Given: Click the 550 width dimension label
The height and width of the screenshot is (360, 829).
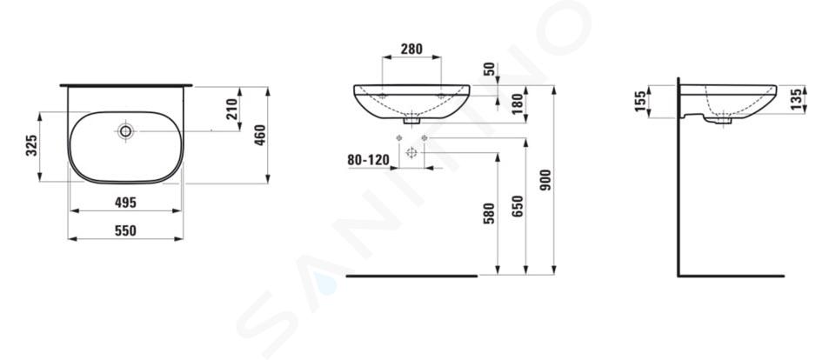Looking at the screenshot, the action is click(126, 231).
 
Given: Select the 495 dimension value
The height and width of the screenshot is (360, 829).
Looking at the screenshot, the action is click(126, 203).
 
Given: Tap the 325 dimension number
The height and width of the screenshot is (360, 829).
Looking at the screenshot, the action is click(31, 145).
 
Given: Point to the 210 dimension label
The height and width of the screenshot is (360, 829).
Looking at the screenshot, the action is click(232, 110).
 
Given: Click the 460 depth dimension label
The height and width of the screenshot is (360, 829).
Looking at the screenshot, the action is click(260, 135).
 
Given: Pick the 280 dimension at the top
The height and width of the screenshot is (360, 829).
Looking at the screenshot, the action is click(411, 50).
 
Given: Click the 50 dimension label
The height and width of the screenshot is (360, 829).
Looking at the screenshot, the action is click(489, 70).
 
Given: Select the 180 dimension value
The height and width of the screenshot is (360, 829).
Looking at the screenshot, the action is click(518, 103).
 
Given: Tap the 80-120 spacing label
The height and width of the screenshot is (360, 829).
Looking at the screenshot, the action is click(369, 160).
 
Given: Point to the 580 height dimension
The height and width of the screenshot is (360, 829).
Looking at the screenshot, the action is click(489, 214).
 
